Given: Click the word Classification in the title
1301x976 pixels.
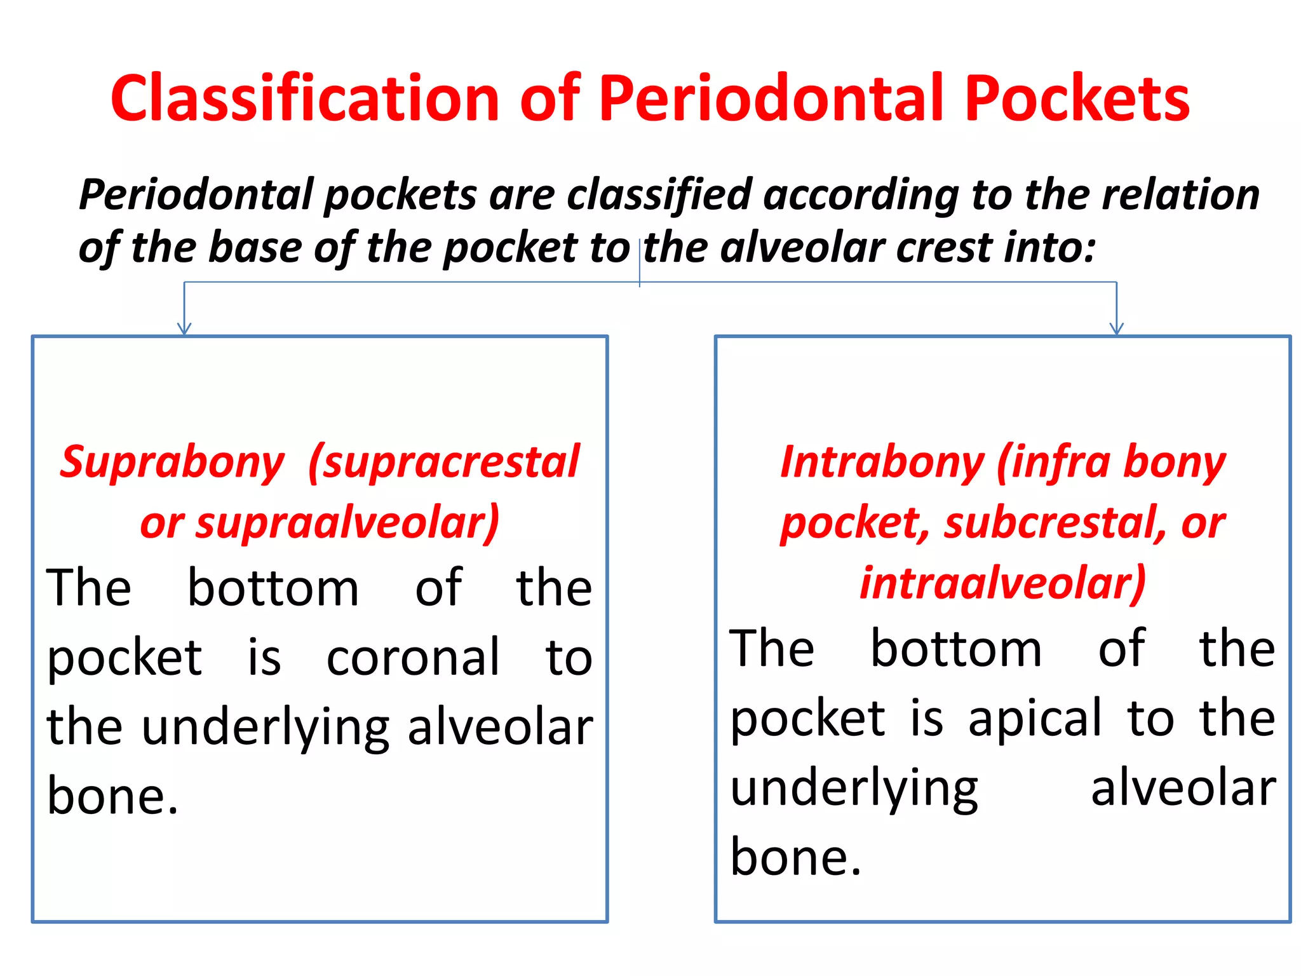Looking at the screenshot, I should pos(305,98).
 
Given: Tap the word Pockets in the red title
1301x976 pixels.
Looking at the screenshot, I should pos(1076,98).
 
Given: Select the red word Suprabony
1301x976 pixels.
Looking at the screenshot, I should pos(172,462).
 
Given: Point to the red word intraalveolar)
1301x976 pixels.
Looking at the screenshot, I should pos(1002,583).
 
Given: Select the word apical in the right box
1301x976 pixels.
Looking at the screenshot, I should pos(1035,719).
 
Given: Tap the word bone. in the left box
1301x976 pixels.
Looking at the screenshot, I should pos(112,796).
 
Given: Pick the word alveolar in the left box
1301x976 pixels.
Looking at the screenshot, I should pos(500,727).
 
